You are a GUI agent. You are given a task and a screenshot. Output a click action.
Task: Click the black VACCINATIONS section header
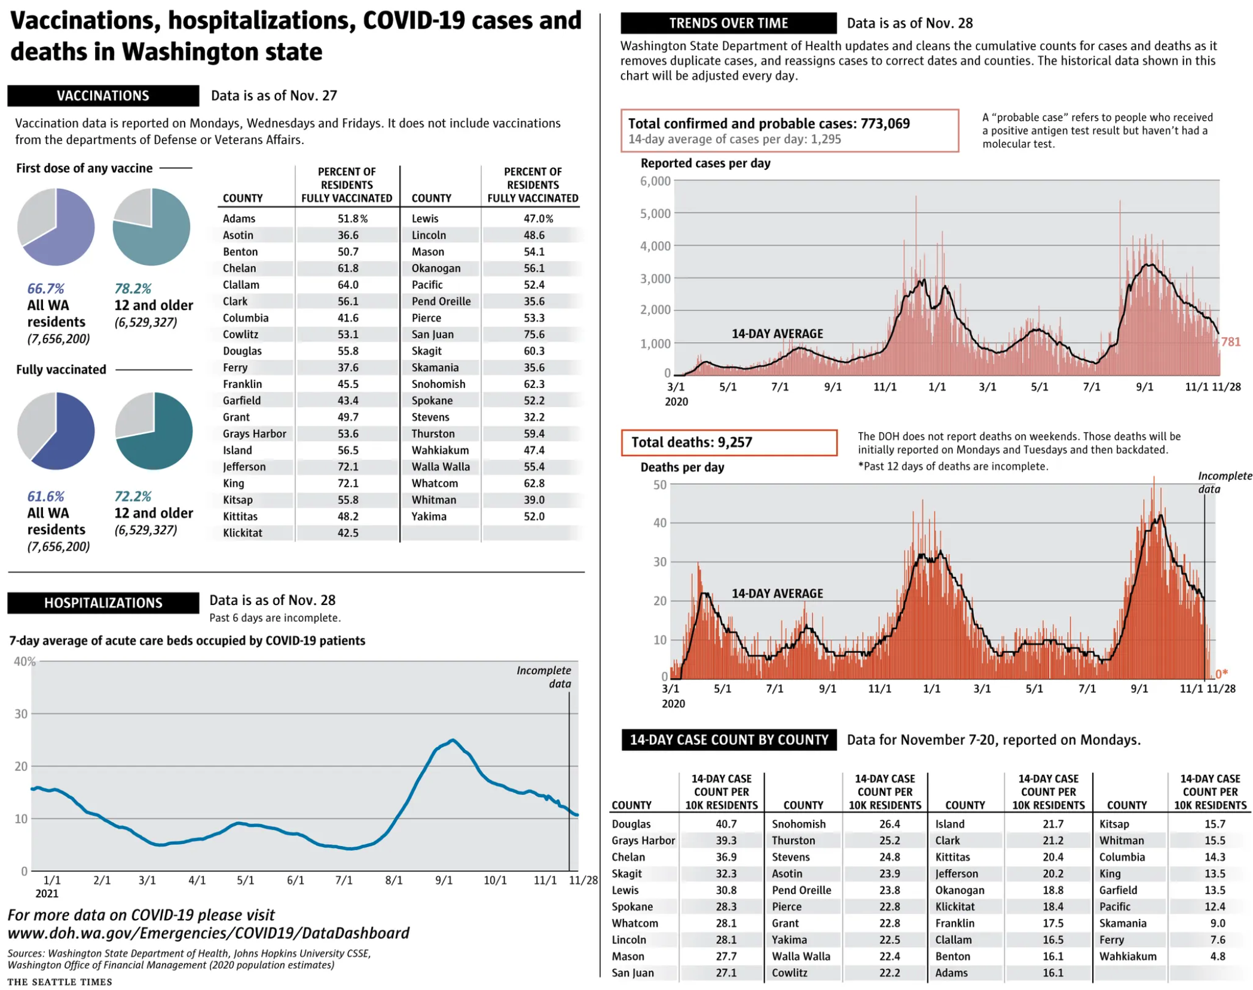103,96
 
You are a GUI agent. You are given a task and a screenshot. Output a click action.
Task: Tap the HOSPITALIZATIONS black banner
103,602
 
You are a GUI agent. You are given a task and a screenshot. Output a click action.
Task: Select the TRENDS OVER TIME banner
728,23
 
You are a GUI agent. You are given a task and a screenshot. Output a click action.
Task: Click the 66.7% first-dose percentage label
45,289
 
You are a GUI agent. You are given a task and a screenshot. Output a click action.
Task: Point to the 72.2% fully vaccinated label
133,496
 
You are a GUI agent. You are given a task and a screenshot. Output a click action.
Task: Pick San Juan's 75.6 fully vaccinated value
533,334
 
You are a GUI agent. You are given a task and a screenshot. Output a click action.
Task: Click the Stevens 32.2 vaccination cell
533,417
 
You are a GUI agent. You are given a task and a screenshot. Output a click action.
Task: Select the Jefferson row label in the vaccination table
244,466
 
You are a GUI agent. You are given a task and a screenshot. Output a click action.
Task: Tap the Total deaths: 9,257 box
728,442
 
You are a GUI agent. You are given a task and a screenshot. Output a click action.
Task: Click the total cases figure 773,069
885,124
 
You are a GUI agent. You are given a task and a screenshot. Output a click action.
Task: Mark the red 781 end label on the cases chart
1230,341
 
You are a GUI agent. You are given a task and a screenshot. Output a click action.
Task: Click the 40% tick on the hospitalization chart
25,661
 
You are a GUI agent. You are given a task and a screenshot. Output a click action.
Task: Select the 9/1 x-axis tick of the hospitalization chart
444,880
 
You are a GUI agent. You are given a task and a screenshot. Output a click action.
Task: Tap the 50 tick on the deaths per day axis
659,484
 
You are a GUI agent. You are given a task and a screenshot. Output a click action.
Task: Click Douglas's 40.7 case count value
726,824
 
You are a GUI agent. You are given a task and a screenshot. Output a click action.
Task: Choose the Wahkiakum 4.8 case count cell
1217,956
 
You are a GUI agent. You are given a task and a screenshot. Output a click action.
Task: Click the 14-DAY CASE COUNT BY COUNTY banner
728,740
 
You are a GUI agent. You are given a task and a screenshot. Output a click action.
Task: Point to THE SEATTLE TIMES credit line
60,982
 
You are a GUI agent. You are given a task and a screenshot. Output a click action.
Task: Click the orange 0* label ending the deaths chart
1221,674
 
